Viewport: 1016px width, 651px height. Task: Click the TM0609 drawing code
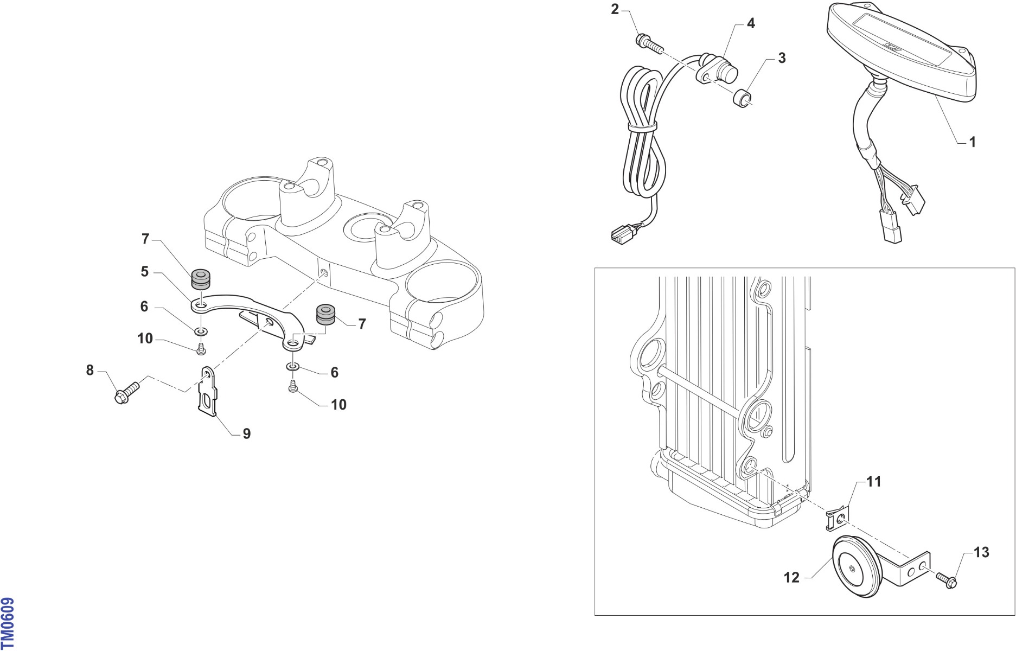point(8,624)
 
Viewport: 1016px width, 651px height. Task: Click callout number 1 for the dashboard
point(973,142)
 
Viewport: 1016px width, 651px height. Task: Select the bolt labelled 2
point(649,43)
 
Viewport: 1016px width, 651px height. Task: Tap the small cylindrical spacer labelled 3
point(743,99)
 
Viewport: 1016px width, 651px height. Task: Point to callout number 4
point(751,23)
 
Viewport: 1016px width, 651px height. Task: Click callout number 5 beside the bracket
point(144,271)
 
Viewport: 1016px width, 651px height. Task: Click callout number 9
point(247,434)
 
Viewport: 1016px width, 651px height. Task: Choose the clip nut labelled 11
point(837,519)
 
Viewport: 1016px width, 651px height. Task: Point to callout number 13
point(982,552)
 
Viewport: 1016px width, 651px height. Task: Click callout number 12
point(792,578)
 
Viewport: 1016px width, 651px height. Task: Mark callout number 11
point(874,482)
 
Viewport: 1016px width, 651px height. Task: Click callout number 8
point(90,371)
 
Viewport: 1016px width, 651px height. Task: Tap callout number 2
point(615,9)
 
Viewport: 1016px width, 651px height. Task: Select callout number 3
point(782,58)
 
